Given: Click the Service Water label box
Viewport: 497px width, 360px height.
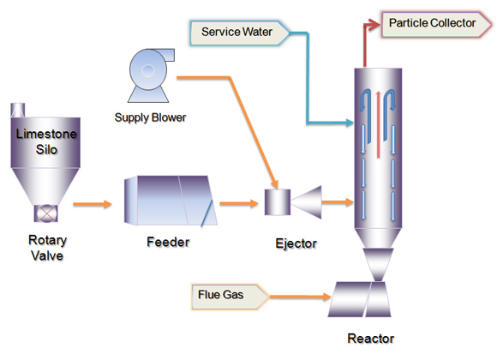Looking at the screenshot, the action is tap(240, 33).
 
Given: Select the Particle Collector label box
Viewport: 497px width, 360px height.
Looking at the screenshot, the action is tap(437, 24).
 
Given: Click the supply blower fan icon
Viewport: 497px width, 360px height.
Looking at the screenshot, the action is tap(150, 75).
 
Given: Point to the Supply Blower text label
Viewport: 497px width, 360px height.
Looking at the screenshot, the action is tap(150, 117).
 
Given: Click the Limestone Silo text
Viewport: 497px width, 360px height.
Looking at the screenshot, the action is tap(46, 141).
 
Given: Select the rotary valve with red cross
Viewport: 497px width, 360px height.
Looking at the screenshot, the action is tap(46, 213).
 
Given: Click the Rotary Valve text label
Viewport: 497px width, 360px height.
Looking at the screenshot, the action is tap(47, 248).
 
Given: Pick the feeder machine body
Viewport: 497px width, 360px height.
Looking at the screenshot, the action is tap(171, 201).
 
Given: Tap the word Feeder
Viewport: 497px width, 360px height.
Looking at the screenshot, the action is tap(168, 243).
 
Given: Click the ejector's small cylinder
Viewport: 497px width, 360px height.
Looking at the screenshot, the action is tap(278, 202).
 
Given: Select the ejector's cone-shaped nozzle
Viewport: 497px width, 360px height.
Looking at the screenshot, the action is tap(307, 202).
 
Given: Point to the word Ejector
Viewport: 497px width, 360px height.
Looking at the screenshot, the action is tap(296, 243).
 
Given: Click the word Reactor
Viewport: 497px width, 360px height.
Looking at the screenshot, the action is tap(371, 339).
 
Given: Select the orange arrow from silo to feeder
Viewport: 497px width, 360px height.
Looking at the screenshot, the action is tap(93, 204).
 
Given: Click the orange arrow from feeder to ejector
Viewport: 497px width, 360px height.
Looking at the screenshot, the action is tap(239, 203).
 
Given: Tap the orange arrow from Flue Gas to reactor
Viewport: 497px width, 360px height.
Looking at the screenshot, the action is tap(301, 297).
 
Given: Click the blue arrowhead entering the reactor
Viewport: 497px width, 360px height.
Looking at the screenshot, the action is tap(350, 123).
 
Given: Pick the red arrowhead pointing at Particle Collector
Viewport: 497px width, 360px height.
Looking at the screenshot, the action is tap(374, 24).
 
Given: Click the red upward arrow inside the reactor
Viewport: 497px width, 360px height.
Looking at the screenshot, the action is tap(378, 124).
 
